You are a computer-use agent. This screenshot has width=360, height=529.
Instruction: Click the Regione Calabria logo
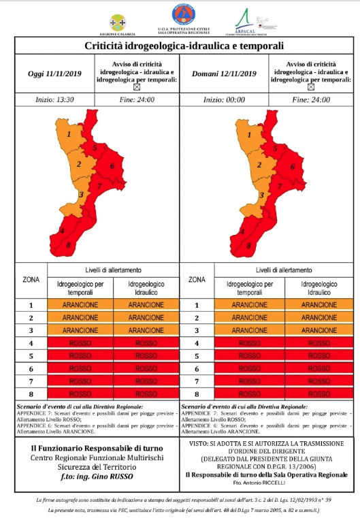pyautogui.click(x=118, y=21)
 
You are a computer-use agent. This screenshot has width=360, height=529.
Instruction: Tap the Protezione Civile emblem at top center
pyautogui.click(x=181, y=15)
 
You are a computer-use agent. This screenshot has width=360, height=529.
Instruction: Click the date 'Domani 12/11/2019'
pyautogui.click(x=225, y=74)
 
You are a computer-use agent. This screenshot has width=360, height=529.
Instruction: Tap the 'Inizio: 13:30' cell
pyautogui.click(x=54, y=99)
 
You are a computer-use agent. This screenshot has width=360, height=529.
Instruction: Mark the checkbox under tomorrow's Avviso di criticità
pyautogui.click(x=310, y=87)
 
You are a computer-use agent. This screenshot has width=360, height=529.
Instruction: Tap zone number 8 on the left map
pyautogui.click(x=69, y=244)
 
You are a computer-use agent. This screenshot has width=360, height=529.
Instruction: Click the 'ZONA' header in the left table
pyautogui.click(x=31, y=279)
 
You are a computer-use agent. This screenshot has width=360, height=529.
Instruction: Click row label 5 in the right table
pyautogui.click(x=197, y=356)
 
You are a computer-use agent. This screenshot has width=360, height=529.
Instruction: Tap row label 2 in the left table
pyautogui.click(x=31, y=318)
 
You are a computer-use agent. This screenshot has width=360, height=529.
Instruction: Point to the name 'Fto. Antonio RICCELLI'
pyautogui.click(x=270, y=482)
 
